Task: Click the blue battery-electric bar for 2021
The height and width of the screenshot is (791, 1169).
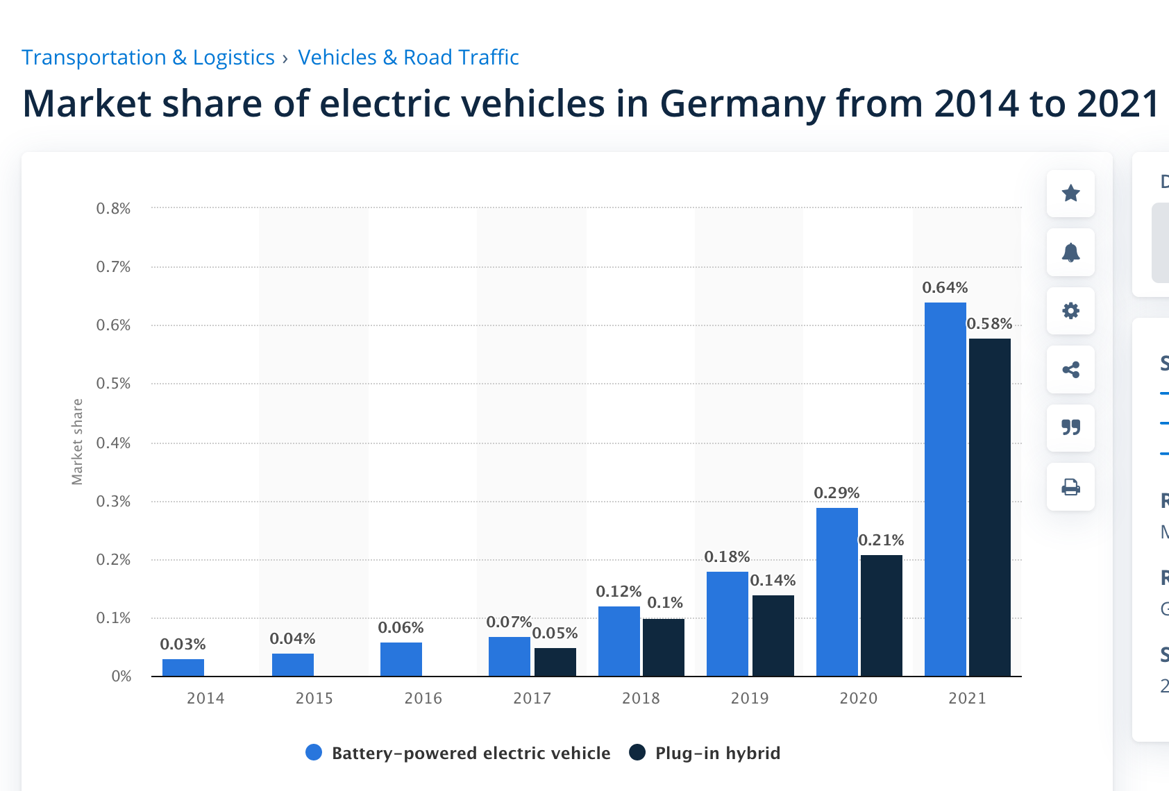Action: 945,489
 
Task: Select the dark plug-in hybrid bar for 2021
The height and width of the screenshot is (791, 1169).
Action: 990,507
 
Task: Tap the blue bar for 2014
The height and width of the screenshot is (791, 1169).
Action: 183,667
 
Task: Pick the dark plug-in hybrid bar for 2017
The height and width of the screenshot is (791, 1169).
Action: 555,662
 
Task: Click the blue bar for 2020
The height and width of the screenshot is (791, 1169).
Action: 836,592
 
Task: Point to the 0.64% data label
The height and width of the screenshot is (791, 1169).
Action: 945,287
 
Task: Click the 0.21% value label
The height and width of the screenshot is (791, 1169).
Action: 881,540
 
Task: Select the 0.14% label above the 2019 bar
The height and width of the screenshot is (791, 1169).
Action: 773,580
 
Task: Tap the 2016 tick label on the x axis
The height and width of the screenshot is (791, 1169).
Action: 423,698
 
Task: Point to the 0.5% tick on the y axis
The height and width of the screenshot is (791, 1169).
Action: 113,384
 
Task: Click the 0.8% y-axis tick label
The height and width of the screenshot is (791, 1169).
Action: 113,208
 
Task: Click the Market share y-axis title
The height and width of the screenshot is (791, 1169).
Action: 77,441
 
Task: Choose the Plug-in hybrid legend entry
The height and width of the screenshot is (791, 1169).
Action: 705,753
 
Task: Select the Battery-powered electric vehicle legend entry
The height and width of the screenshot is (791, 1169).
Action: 458,753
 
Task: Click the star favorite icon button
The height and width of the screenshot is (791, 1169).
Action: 1070,193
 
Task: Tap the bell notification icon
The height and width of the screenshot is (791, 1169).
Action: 1070,252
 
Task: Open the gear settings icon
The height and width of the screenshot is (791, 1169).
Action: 1070,310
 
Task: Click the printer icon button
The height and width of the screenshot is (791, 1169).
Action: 1070,486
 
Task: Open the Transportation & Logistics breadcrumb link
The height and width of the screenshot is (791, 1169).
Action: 148,57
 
